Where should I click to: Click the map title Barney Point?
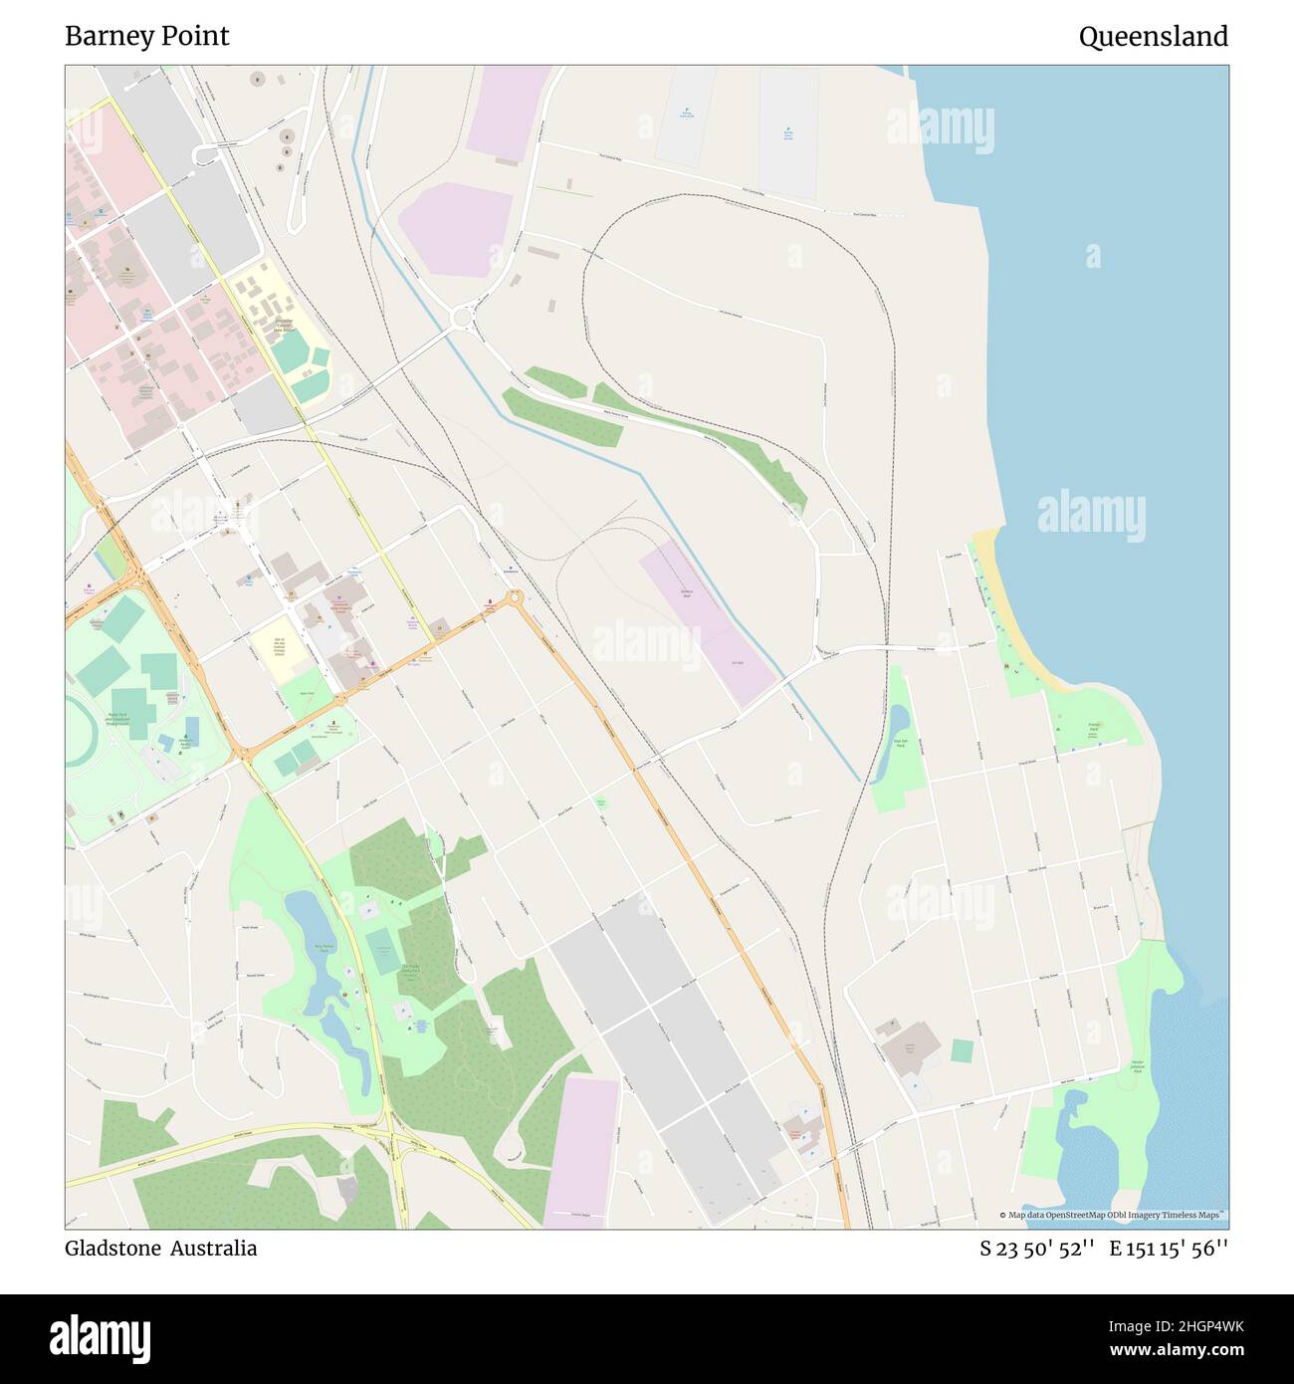click(146, 37)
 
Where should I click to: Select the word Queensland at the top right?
click(1153, 37)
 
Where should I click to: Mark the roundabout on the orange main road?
click(515, 597)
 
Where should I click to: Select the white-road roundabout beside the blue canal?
click(461, 318)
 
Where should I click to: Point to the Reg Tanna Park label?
click(322, 950)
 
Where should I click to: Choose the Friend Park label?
click(1094, 729)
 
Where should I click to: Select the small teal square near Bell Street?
click(962, 1049)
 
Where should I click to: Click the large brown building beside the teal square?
click(909, 1047)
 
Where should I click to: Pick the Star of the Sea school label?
click(279, 647)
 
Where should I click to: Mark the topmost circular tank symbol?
click(258, 77)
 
